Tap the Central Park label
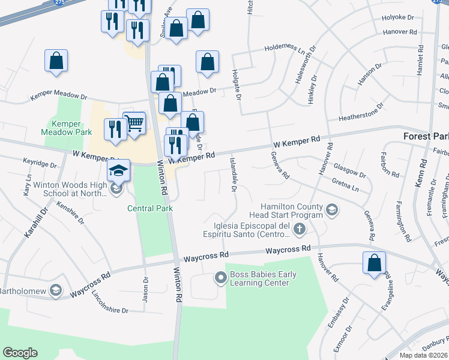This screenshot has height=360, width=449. pyautogui.click(x=149, y=208)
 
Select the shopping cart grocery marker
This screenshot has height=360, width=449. pyautogui.click(x=134, y=124)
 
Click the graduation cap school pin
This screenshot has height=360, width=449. pyautogui.click(x=118, y=170)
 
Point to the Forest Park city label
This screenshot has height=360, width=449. pyautogui.click(x=426, y=136)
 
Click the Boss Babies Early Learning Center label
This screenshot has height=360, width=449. pyautogui.click(x=263, y=279)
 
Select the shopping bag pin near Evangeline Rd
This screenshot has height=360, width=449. pyautogui.click(x=374, y=263)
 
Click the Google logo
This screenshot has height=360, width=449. pyautogui.click(x=20, y=353)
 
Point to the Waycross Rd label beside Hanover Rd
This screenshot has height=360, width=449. pyautogui.click(x=288, y=248)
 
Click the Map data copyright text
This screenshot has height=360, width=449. pyautogui.click(x=424, y=355)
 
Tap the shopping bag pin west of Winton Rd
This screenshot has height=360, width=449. pyautogui.click(x=56, y=61)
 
